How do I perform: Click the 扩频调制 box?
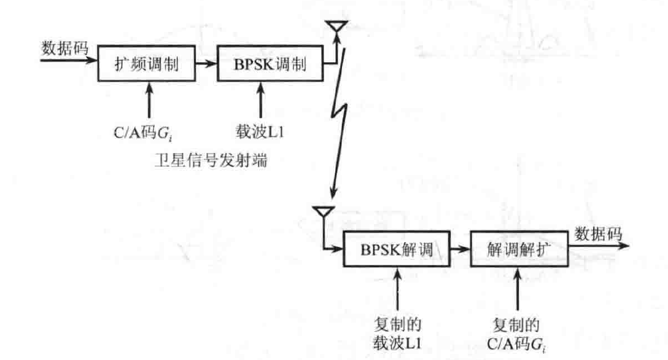[147, 63]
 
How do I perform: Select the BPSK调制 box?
[271, 63]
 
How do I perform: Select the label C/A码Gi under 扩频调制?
[147, 131]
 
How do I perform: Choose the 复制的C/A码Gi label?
[520, 332]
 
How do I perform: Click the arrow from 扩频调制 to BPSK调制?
[207, 63]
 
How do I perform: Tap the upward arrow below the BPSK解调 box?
[399, 289]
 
